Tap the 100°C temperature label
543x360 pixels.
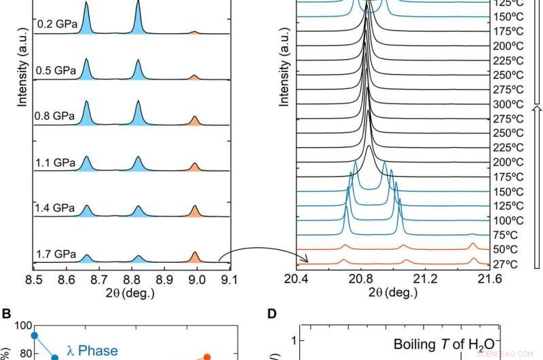point(506,220)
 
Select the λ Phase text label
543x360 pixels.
point(92,351)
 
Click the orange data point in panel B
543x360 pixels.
point(207,356)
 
